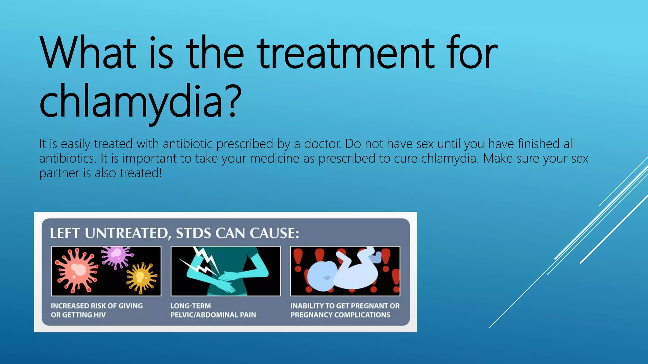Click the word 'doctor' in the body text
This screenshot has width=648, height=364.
(322, 144)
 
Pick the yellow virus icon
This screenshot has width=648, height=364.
(141, 277)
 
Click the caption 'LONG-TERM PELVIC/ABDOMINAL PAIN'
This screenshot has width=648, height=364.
(213, 310)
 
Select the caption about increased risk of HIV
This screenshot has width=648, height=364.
(97, 310)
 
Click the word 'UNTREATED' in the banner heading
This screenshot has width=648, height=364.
(127, 234)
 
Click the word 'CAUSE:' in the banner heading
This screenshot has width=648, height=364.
(274, 234)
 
